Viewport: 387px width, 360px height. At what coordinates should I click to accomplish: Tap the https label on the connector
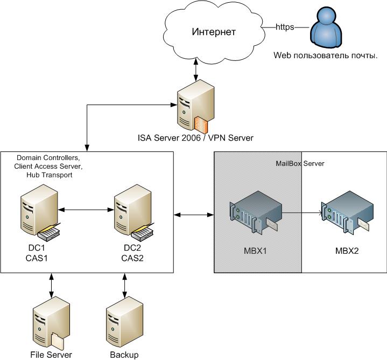[285, 26]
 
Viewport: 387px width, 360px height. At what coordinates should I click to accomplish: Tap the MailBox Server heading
[299, 163]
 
